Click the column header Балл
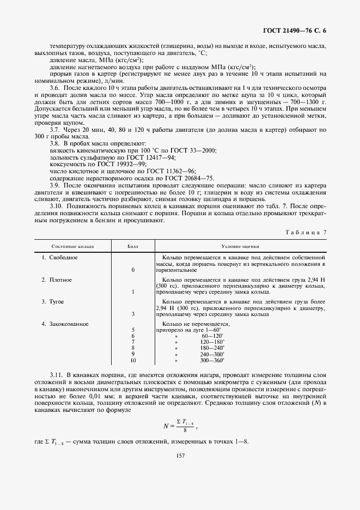pyautogui.click(x=133, y=246)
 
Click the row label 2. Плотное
pyautogui.click(x=57, y=280)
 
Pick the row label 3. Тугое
pyautogui.click(x=53, y=301)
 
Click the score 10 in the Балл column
pyautogui.click(x=133, y=360)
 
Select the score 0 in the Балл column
pyautogui.click(x=133, y=270)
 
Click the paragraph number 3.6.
pyautogui.click(x=54, y=88)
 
